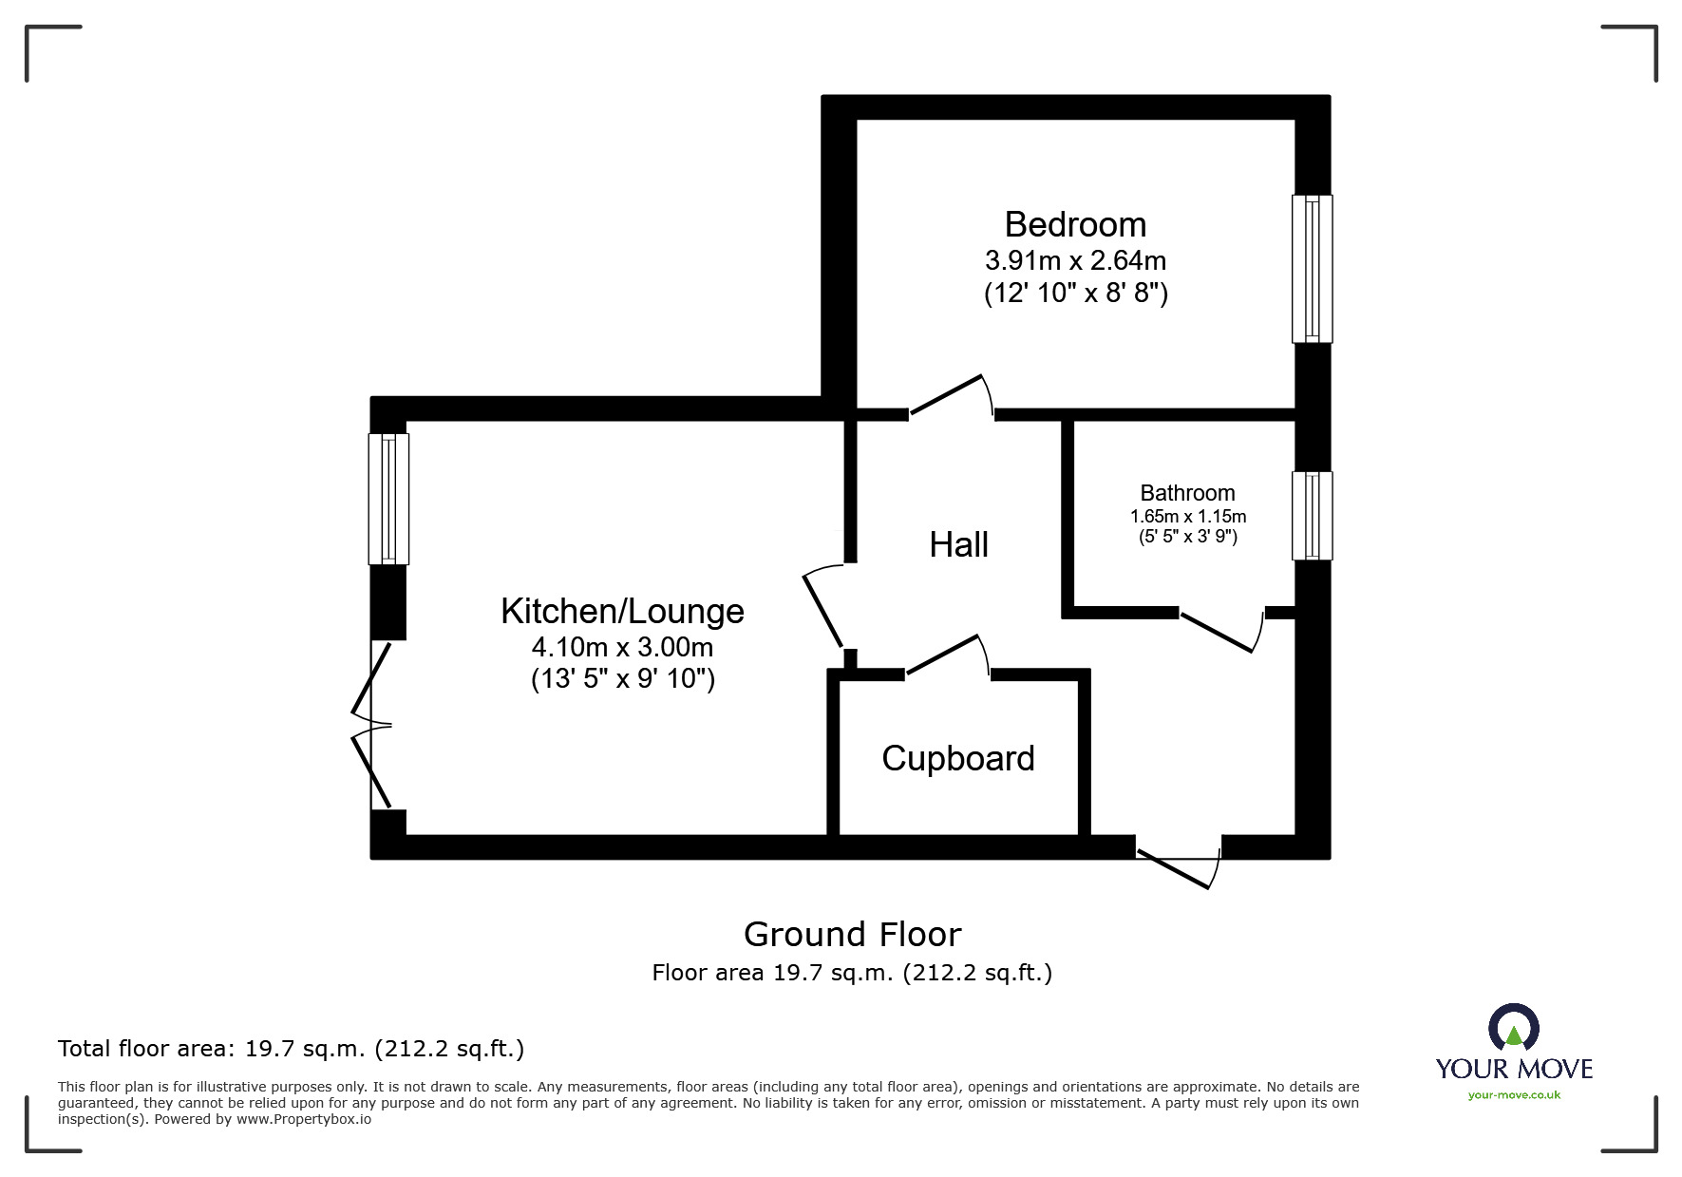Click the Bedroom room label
tap(1075, 225)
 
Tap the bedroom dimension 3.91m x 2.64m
tap(1075, 260)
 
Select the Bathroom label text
tap(1187, 493)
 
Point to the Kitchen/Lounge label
tap(622, 611)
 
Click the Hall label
tap(958, 545)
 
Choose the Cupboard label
tap(957, 758)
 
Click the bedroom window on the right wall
tap(1312, 269)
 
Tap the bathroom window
tap(1312, 516)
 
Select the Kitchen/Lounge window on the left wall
tap(388, 500)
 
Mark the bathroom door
tap(1221, 632)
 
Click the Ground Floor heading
tap(852, 935)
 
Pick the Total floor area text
tap(291, 1049)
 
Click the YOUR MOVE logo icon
tap(1513, 1029)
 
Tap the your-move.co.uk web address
tap(1514, 1095)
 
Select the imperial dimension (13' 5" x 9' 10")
tap(622, 679)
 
